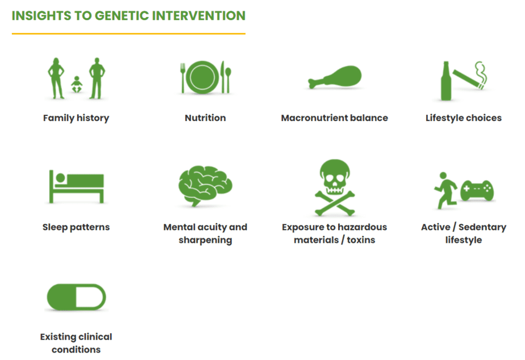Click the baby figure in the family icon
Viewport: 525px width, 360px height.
coord(77,85)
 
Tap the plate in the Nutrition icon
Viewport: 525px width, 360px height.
coord(202,77)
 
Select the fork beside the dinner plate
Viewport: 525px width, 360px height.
coord(182,78)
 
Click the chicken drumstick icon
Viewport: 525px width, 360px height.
coord(335,77)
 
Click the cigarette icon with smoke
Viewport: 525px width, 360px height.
coord(470,76)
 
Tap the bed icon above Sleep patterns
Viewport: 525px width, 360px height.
coord(76,187)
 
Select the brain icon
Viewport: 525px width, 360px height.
coord(205,185)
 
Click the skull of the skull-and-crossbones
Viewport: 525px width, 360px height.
coord(335,176)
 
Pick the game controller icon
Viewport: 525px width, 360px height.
coord(477,190)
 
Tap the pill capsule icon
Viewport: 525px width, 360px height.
coord(76,297)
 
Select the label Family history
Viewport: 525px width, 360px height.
coord(76,118)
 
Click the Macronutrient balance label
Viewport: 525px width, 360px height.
coord(335,118)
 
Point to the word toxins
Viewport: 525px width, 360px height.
coord(361,240)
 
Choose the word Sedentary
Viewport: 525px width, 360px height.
coord(482,227)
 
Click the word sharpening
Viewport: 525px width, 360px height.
coord(205,241)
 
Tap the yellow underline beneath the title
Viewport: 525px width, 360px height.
coord(128,34)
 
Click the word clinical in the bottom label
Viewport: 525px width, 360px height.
coord(95,337)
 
